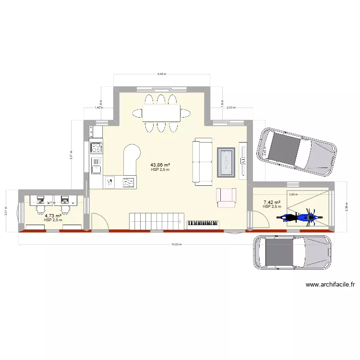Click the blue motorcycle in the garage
click(x=297, y=217)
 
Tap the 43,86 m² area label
click(x=160, y=165)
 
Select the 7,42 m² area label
click(x=272, y=203)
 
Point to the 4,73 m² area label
click(x=53, y=216)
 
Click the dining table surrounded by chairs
click(x=161, y=113)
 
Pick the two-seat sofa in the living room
click(x=203, y=161)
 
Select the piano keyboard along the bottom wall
click(x=204, y=223)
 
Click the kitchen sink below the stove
click(x=96, y=165)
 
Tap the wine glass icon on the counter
click(x=110, y=181)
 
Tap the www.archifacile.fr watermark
click(x=330, y=284)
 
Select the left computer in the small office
click(x=39, y=200)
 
